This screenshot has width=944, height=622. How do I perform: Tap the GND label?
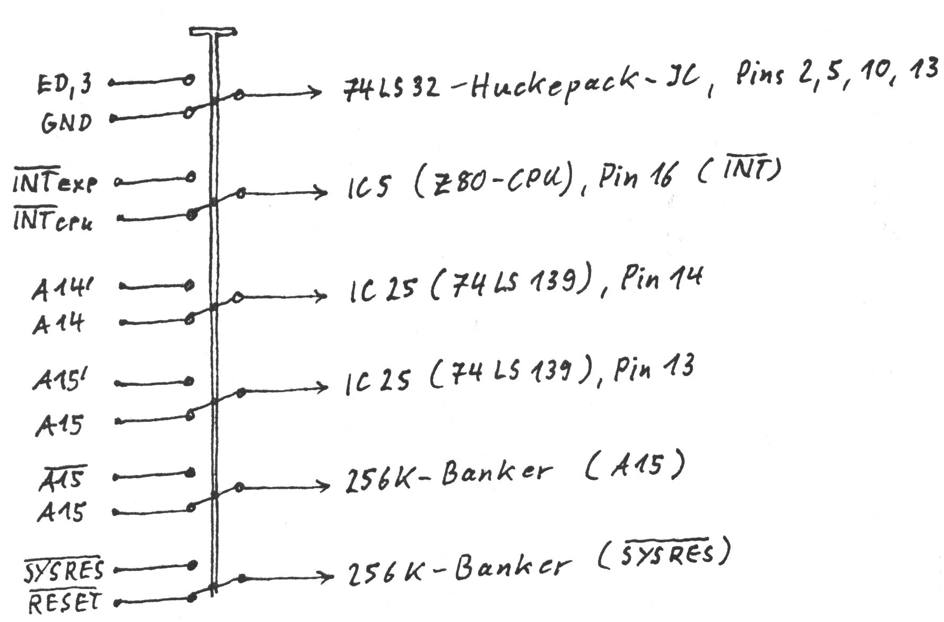(66, 123)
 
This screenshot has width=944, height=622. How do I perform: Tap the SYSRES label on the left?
(64, 569)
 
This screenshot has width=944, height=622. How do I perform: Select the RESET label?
(64, 603)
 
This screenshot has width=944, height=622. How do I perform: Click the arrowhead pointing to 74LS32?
(316, 93)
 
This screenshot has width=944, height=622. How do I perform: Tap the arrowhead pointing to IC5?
(322, 193)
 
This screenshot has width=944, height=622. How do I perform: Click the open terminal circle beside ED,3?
(188, 80)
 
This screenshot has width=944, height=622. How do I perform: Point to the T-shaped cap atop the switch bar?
(213, 32)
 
